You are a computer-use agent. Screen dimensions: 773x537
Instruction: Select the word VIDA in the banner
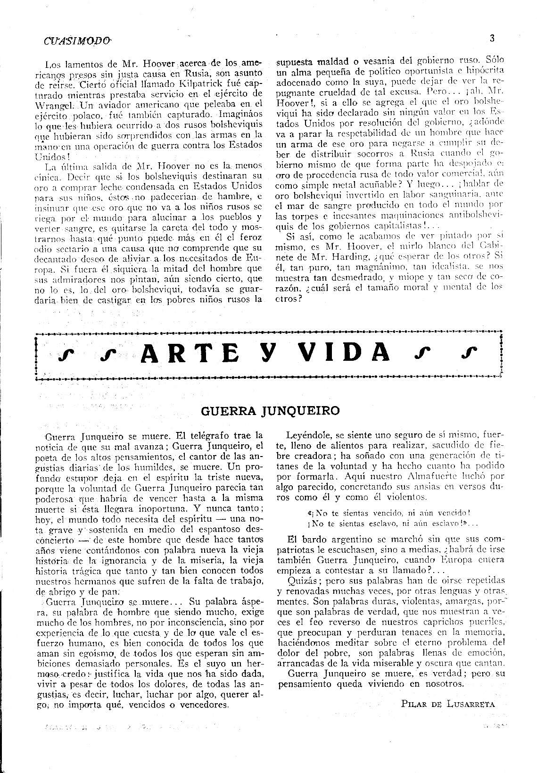tap(346, 352)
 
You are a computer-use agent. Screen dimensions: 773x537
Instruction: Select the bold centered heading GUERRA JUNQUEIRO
tap(270, 410)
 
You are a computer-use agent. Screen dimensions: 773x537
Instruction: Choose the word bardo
tap(314, 539)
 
